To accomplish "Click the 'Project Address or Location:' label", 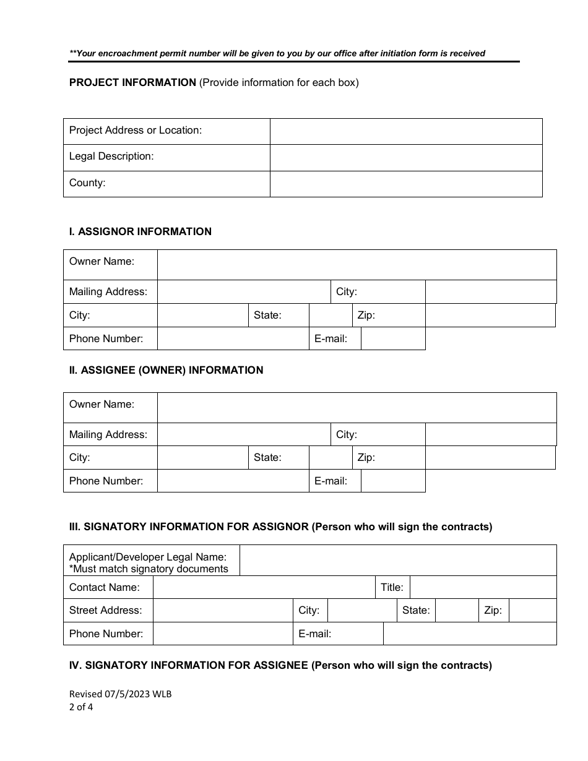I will (135, 131).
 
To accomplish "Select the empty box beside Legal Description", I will (405, 158).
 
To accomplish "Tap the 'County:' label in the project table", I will (87, 183).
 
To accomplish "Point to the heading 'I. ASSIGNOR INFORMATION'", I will (140, 231).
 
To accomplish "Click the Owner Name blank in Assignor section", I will (357, 265).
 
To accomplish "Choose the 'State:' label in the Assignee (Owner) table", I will (267, 458).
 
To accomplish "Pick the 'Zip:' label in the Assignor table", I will (366, 316).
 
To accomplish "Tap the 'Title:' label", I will (392, 587).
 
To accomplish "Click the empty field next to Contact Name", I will (264, 587).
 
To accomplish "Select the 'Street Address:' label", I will (105, 611).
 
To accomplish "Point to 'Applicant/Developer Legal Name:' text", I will (147, 557).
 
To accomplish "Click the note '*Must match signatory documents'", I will (149, 569).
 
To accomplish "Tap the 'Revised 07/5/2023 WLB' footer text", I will (120, 694).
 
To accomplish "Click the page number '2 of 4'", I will (81, 707).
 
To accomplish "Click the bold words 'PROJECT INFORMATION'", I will (132, 83).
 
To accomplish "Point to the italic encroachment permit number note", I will (277, 54).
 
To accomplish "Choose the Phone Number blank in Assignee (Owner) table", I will (233, 481).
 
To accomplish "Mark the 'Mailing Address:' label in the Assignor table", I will (108, 292).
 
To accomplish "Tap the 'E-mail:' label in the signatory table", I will (314, 634).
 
